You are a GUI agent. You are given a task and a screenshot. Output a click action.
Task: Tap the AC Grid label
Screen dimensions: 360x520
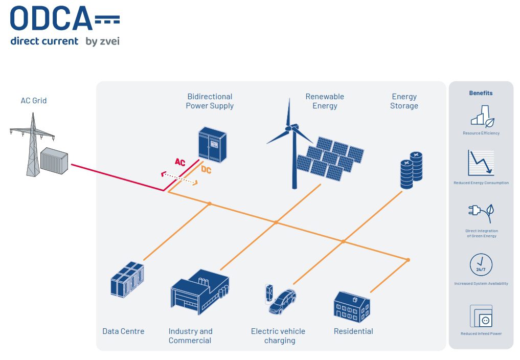pyautogui.click(x=34, y=101)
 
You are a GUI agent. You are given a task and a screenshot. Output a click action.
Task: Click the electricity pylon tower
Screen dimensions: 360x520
pyautogui.click(x=33, y=146)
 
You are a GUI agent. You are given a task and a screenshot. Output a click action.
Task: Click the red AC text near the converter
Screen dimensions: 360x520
pyautogui.click(x=180, y=162)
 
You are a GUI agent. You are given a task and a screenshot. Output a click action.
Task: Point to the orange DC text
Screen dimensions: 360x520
pyautogui.click(x=206, y=170)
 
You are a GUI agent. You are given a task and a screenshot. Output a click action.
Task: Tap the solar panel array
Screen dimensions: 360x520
pyautogui.click(x=330, y=157)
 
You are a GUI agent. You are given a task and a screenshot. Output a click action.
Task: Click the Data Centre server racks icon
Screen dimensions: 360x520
pyautogui.click(x=127, y=280)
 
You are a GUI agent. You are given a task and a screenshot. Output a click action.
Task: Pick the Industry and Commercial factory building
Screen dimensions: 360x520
pyautogui.click(x=199, y=293)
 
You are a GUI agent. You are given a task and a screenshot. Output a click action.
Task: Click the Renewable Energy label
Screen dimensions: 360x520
pyautogui.click(x=325, y=101)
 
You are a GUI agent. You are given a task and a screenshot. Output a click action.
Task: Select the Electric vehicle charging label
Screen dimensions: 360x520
pyautogui.click(x=278, y=336)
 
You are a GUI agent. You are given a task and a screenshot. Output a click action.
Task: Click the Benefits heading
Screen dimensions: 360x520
pyautogui.click(x=481, y=93)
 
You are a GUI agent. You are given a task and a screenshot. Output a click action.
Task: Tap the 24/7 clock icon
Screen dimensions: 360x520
pyautogui.click(x=481, y=265)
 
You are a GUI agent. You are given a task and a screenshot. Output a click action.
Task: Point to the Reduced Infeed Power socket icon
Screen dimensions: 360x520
pyautogui.click(x=481, y=317)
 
